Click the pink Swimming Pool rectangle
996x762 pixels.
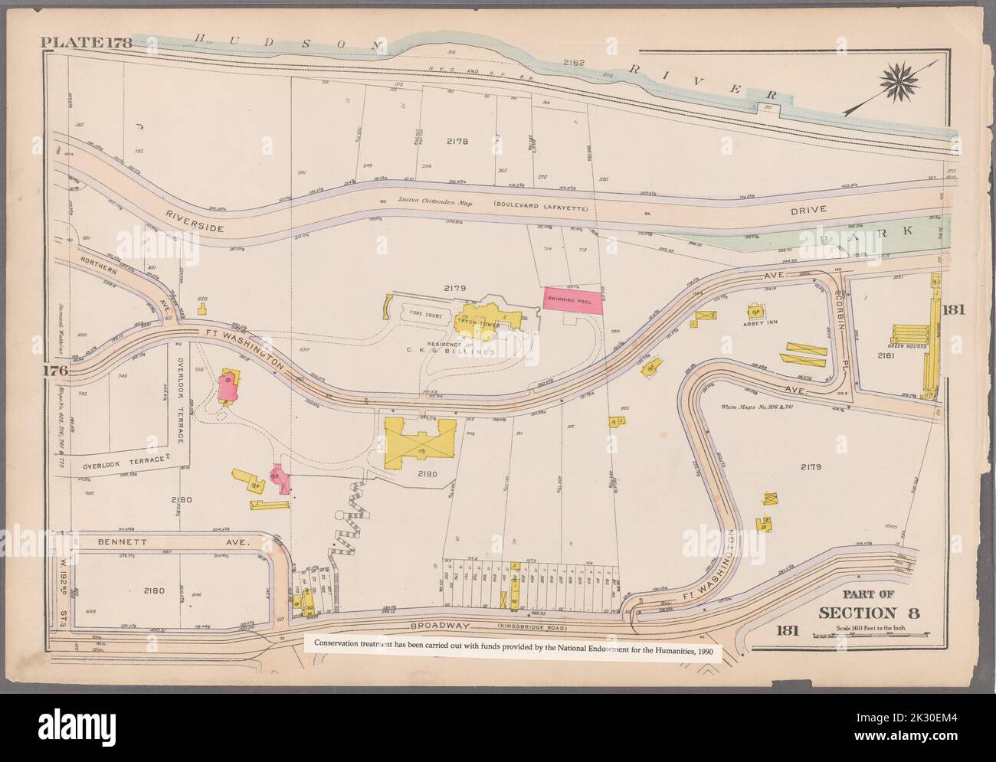[x=572, y=301]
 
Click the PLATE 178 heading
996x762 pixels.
[x=87, y=42]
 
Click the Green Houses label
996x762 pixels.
[x=909, y=346]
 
